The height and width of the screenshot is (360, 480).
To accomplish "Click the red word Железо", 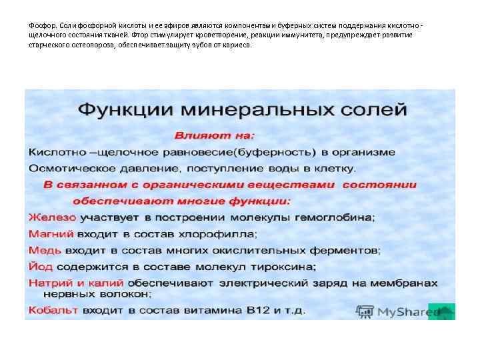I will (x=53, y=217).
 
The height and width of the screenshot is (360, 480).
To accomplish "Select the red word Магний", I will (x=51, y=234).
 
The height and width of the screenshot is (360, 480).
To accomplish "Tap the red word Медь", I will (x=45, y=251).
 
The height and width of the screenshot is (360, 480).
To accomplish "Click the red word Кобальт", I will (x=53, y=310).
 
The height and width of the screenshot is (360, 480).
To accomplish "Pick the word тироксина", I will (x=280, y=267).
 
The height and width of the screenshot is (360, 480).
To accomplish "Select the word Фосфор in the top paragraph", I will (x=41, y=25).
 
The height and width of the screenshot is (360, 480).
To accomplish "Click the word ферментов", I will (x=347, y=251).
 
